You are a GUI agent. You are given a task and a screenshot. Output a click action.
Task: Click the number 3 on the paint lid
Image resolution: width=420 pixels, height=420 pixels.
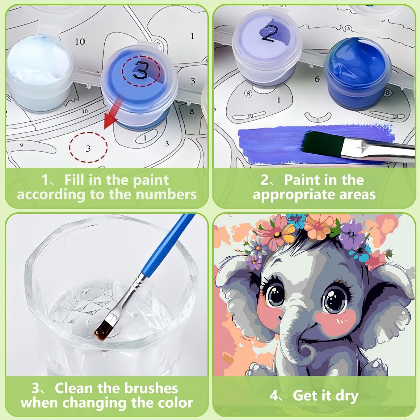(141, 70)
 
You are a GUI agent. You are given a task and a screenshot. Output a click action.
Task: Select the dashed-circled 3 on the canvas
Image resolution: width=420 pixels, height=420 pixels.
(88, 148)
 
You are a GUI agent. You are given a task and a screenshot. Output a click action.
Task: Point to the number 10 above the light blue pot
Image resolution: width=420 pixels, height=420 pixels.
(80, 42)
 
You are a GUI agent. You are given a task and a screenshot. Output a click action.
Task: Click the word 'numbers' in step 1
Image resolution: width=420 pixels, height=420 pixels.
(166, 195)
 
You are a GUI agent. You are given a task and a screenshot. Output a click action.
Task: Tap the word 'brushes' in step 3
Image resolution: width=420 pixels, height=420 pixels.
(151, 388)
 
